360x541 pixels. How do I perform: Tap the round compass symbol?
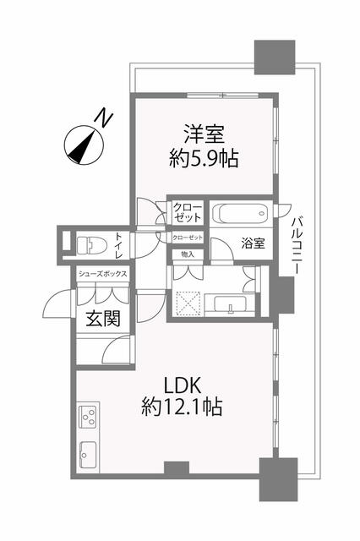(x=84, y=145)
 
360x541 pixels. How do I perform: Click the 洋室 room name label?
(x=205, y=134)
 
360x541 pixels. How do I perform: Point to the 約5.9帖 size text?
(x=204, y=159)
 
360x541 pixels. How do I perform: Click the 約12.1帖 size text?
(x=182, y=407)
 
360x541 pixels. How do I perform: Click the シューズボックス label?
(x=103, y=274)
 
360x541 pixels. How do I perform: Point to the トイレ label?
(x=119, y=246)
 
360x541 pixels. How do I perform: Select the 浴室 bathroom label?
(x=254, y=243)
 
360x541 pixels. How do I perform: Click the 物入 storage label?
(x=188, y=254)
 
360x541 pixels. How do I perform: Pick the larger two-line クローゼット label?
(x=188, y=212)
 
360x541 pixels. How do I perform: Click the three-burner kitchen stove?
(x=89, y=417)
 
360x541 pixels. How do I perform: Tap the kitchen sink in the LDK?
(x=88, y=454)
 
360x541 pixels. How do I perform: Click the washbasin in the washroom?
(x=231, y=305)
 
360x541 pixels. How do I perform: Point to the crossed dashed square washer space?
(x=188, y=304)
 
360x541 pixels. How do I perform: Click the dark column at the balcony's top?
(x=275, y=57)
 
